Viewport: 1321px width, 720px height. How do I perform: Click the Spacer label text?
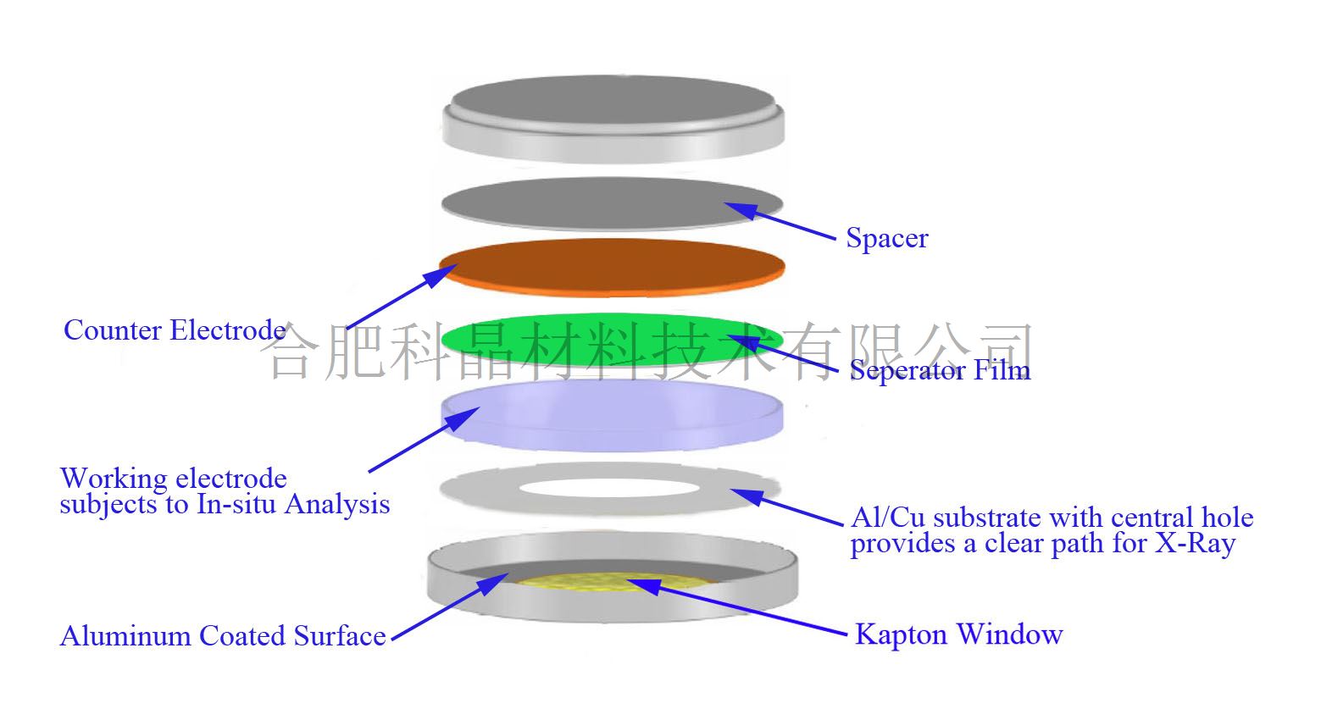tap(886, 238)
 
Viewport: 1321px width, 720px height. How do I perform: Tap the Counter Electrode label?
tap(174, 330)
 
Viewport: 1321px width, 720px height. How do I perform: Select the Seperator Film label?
tap(940, 370)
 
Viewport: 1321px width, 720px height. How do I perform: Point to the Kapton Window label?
tap(958, 634)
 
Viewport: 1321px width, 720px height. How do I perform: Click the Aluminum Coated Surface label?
tap(223, 635)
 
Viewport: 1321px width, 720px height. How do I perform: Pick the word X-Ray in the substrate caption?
tap(1195, 543)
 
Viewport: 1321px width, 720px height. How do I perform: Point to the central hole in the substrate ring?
tap(610, 489)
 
